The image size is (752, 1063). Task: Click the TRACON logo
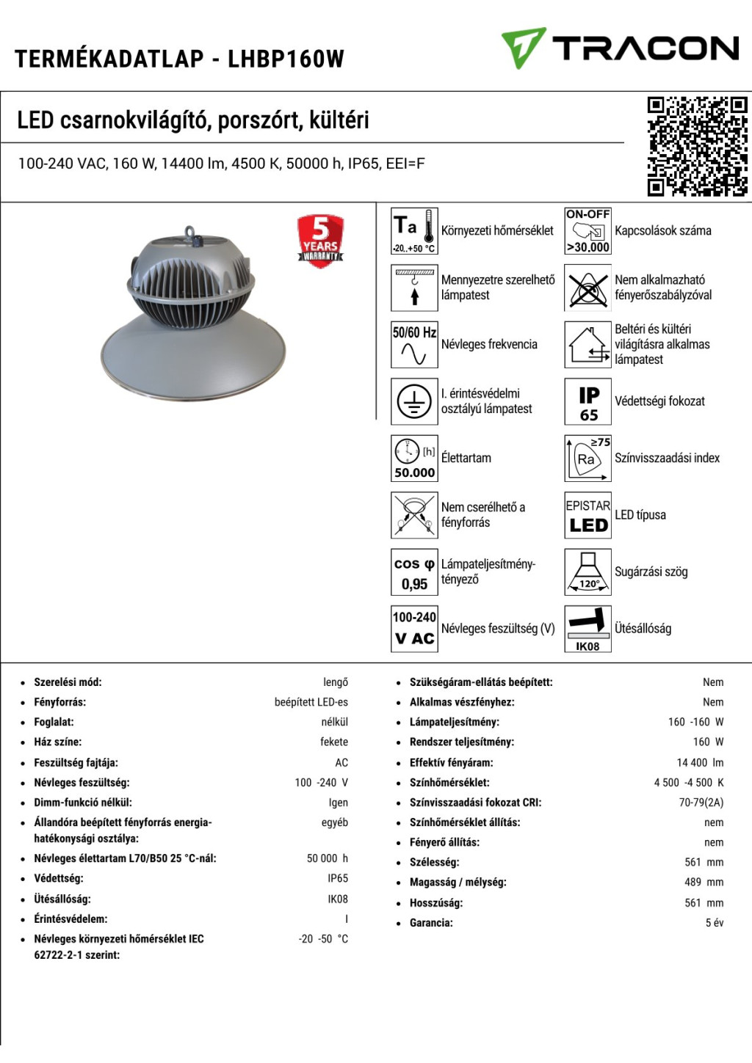[x=621, y=48]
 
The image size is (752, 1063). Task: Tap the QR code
[x=697, y=146]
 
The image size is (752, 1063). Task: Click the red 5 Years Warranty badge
[x=320, y=240]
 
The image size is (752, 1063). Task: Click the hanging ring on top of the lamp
[x=192, y=233]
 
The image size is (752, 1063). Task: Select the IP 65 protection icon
[x=587, y=401]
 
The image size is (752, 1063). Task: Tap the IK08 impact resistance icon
[x=587, y=629]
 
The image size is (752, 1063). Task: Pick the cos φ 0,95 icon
[x=414, y=572]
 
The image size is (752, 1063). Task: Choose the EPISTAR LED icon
[x=587, y=515]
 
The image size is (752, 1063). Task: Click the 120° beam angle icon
[x=587, y=572]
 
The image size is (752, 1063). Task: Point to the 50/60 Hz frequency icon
[x=414, y=344]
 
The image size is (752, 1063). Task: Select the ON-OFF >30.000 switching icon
[x=587, y=230]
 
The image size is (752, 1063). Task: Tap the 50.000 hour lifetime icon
[x=414, y=459]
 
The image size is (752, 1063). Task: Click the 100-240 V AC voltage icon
[x=414, y=629]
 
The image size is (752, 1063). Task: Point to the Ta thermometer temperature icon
[x=414, y=230]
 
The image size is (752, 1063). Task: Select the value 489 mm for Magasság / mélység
[x=704, y=882]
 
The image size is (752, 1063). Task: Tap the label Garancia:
[x=431, y=923]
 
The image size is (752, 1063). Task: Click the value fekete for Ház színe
[x=333, y=742]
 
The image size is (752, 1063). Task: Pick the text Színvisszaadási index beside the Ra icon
[x=667, y=458]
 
